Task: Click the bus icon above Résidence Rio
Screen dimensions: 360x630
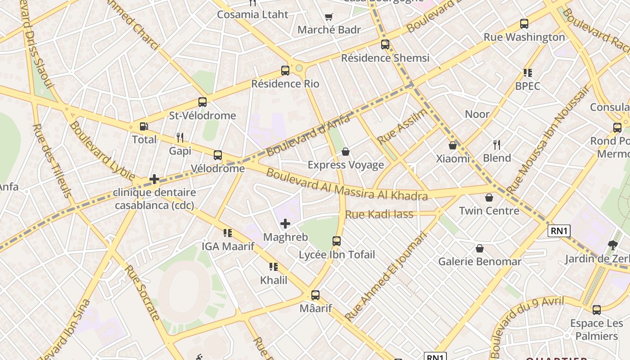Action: click(285, 70)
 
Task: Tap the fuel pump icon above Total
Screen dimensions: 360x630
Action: click(144, 127)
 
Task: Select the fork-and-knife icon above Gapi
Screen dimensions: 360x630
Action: click(180, 137)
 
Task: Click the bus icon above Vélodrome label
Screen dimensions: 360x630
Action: click(218, 155)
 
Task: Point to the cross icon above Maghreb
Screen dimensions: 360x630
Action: click(285, 224)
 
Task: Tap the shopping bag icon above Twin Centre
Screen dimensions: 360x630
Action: click(489, 198)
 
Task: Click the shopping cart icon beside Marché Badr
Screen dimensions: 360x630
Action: click(329, 17)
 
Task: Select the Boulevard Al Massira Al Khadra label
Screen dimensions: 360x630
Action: click(346, 184)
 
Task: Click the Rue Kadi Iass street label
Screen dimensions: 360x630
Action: click(379, 214)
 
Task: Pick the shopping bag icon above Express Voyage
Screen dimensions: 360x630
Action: click(346, 152)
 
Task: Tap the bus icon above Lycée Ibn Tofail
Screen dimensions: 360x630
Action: click(337, 241)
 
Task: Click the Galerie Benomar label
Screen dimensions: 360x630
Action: click(480, 261)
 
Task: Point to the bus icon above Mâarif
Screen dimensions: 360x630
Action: click(315, 295)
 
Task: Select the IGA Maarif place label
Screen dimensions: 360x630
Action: click(228, 246)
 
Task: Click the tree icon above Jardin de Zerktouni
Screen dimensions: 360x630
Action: click(612, 245)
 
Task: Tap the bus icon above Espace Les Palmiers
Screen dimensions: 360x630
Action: click(597, 310)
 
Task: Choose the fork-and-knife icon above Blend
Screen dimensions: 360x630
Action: click(497, 144)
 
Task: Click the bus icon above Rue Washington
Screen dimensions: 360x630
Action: click(524, 24)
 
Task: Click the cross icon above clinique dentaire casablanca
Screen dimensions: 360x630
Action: click(154, 179)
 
